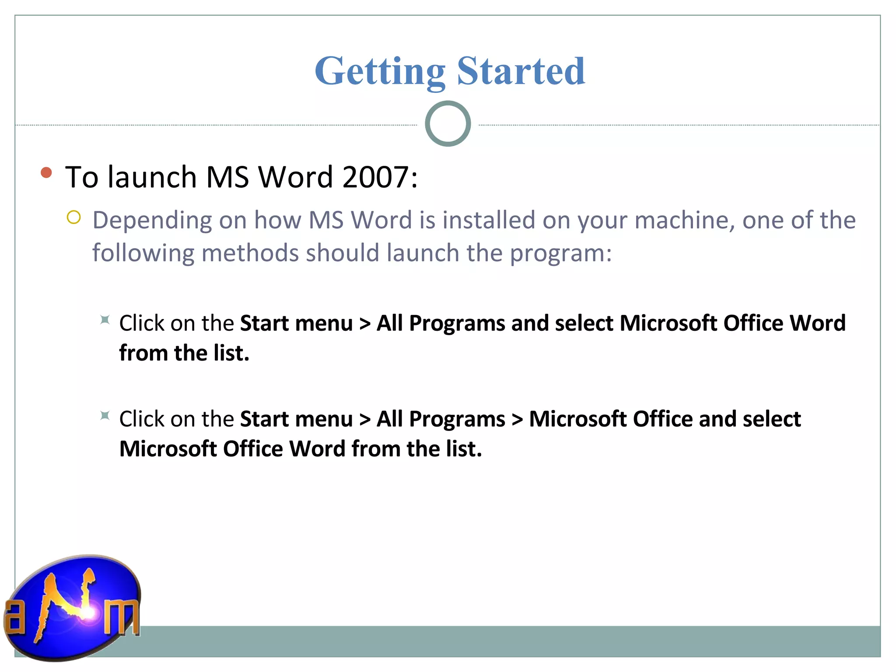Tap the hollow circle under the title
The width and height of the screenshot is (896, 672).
pos(448,124)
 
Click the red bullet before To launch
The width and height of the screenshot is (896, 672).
pos(46,172)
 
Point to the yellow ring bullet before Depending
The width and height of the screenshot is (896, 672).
pos(73,217)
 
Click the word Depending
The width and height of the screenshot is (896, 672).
pos(152,220)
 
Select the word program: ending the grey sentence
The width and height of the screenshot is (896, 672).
pos(561,253)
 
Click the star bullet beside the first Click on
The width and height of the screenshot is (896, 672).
pos(105,320)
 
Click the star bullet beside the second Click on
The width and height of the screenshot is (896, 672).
pos(105,416)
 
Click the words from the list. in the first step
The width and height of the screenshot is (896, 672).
pos(184,353)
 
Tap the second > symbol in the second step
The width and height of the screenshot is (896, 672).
pos(517,420)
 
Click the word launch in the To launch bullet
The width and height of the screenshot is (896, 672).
pos(152,177)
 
